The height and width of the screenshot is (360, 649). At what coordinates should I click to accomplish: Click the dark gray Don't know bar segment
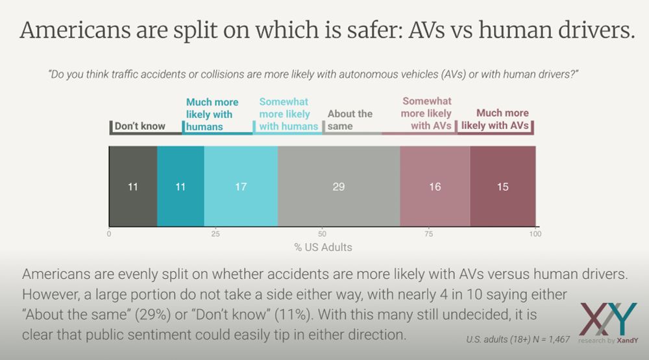pos(133,187)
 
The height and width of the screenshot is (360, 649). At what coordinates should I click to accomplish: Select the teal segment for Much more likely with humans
pos(180,187)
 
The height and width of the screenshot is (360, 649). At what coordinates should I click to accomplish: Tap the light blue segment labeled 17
pos(241,187)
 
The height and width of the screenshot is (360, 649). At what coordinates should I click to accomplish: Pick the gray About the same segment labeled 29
pos(339,187)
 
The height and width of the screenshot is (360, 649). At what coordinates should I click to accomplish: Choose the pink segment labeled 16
pos(435,187)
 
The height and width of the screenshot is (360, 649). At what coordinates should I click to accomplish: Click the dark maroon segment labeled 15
pos(502,187)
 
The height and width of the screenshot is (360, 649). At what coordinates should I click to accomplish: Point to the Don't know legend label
pos(140,126)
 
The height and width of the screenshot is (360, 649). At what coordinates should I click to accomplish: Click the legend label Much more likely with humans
pos(212,114)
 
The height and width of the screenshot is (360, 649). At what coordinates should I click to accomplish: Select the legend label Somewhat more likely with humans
pos(288,114)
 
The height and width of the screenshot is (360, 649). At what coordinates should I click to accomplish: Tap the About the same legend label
pos(350,120)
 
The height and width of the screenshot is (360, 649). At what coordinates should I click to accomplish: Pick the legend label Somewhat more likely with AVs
pos(426,114)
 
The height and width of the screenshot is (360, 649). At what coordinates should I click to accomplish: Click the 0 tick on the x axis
pos(109,234)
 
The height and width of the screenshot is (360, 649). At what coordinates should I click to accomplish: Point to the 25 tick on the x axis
pos(215,234)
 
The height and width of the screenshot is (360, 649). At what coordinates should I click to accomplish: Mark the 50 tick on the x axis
pos(322,234)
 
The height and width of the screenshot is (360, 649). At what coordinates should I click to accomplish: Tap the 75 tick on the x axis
pos(428,234)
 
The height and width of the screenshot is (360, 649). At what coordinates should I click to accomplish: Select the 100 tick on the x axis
pos(535,234)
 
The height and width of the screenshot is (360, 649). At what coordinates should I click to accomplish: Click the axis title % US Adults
pos(323,247)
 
